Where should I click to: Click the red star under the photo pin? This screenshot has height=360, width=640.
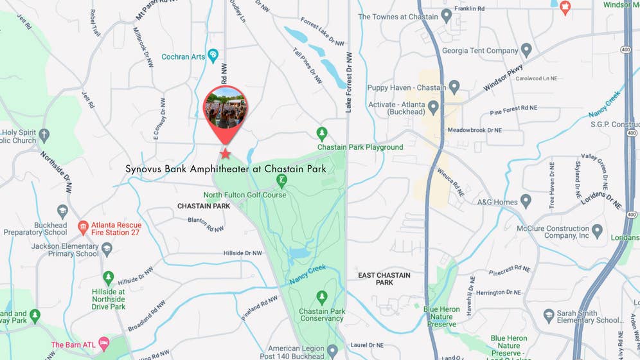(226, 154)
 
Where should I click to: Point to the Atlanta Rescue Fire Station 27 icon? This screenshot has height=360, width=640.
(83, 227)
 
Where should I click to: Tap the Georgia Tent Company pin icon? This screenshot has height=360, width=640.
(526, 50)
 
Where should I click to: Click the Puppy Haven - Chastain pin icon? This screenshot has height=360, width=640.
(454, 87)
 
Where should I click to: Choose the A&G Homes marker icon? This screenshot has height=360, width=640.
(526, 201)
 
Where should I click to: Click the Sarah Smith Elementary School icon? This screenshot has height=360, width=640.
(549, 315)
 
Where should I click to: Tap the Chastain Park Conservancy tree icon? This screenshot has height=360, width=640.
(322, 298)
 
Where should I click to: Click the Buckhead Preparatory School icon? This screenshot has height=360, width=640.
(62, 212)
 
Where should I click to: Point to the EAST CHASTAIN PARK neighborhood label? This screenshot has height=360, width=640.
(384, 278)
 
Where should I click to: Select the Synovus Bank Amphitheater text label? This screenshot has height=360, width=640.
(226, 169)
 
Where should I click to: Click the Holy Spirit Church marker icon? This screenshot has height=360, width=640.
(44, 136)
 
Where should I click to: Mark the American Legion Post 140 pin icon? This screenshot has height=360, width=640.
(332, 351)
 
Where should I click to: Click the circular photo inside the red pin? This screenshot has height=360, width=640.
(225, 107)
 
